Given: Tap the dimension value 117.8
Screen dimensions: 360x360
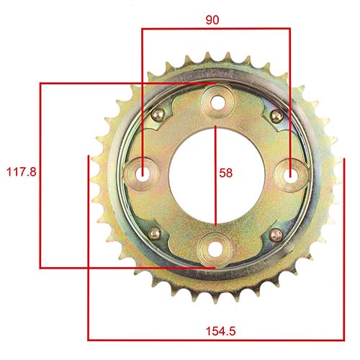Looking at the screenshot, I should point(21,173).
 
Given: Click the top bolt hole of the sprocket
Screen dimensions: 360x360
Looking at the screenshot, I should point(216,101).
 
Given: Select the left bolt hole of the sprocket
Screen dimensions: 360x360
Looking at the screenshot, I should point(143,174).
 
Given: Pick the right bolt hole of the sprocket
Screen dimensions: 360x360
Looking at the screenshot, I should point(290,174).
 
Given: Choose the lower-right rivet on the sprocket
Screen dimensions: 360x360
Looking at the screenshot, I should point(274,234).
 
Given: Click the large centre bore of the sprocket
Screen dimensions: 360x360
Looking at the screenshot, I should point(194,174).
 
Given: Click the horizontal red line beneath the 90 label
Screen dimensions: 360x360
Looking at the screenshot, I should point(216,30).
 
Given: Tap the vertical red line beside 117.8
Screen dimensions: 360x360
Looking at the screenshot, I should point(40,216).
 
